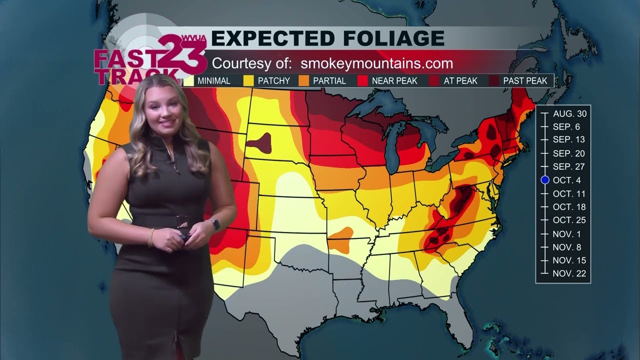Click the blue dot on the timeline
545,180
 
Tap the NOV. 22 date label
569,273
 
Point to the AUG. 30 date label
569,113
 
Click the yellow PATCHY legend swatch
248,80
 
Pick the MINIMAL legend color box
189,80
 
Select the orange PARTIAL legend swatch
303,80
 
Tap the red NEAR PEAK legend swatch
362,80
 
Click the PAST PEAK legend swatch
494,80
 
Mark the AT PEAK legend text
460,80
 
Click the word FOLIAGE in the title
384,38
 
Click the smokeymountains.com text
377,63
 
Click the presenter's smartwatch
216,224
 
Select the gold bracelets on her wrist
151,237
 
